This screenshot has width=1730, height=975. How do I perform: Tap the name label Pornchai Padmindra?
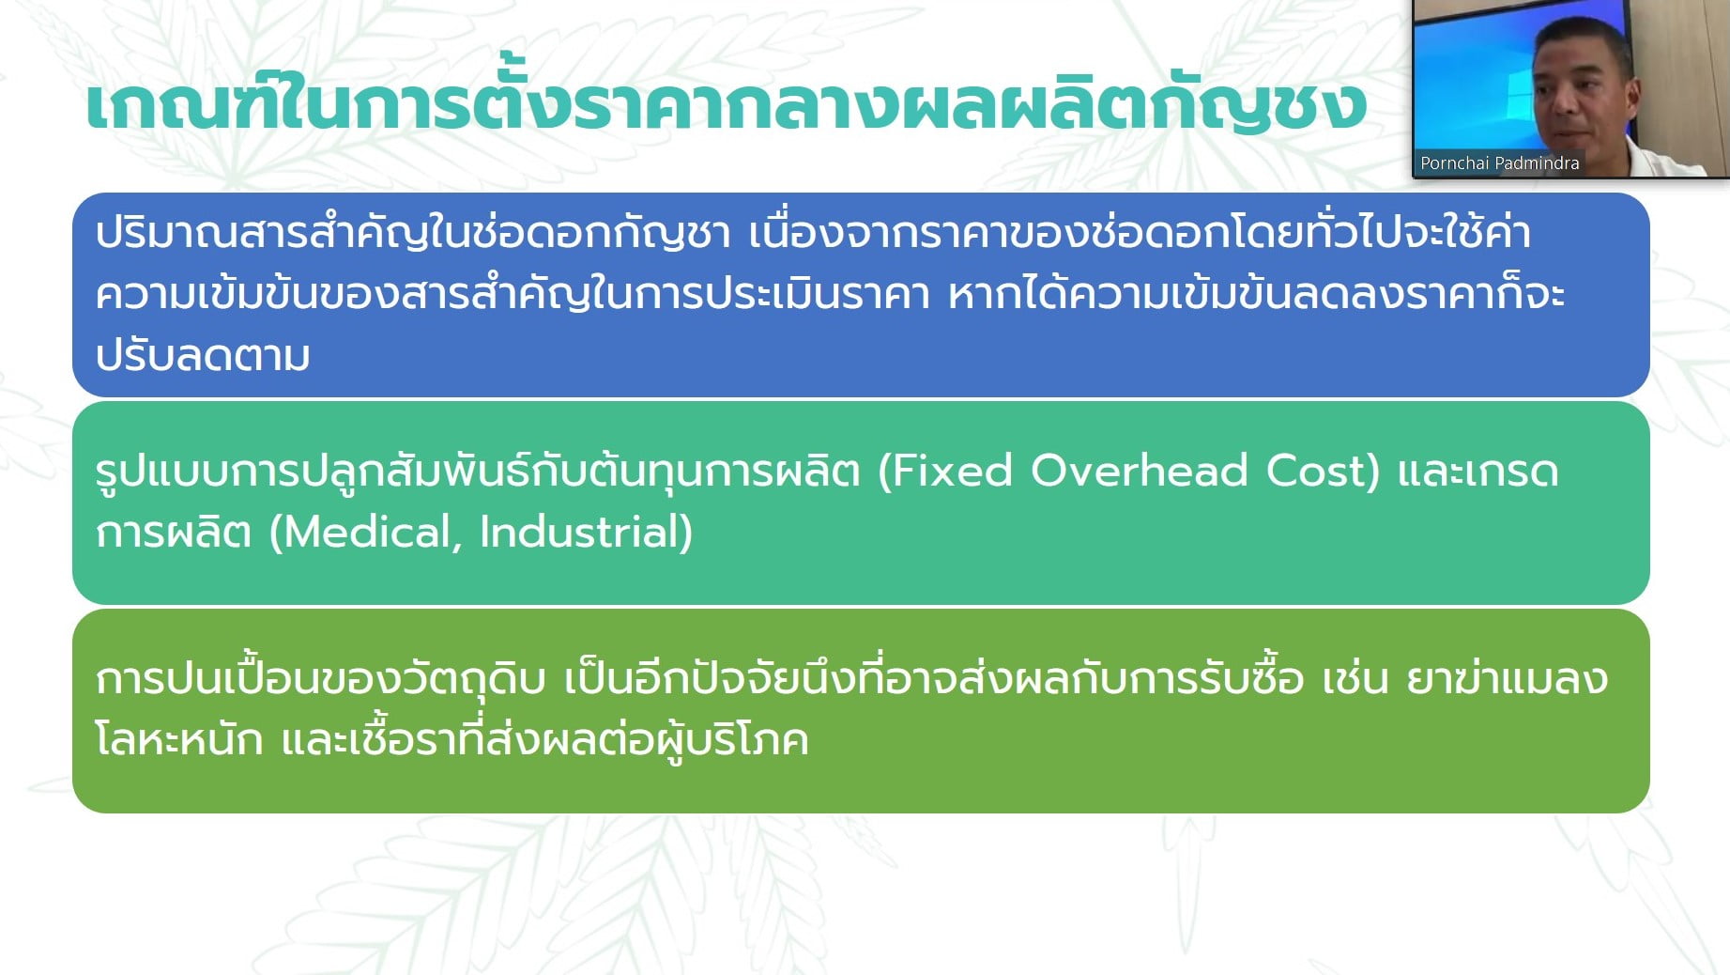(x=1499, y=162)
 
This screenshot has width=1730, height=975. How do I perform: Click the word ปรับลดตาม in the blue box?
(x=203, y=355)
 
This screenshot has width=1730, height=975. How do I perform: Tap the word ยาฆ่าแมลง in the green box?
(x=1508, y=677)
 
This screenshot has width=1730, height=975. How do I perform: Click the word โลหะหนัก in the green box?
(x=179, y=739)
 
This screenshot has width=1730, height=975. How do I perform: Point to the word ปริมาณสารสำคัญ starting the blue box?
(x=260, y=230)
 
